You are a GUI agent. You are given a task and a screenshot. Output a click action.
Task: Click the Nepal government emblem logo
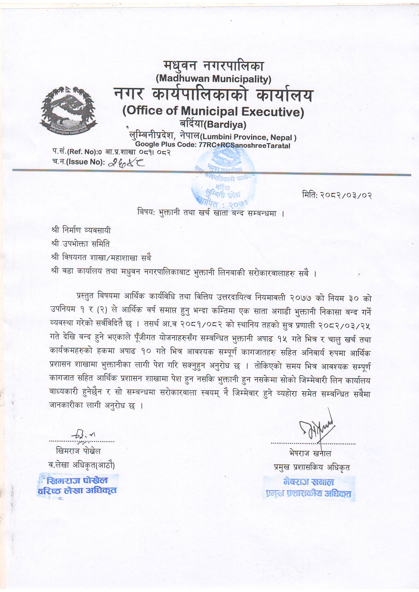coord(68,110)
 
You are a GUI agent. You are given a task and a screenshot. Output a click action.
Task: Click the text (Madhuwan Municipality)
coord(213,79)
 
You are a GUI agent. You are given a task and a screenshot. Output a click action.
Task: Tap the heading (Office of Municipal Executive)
coord(213,111)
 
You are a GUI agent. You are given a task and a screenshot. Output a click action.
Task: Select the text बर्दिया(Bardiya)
coord(213,125)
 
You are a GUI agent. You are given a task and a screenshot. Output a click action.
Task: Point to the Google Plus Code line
coord(212,145)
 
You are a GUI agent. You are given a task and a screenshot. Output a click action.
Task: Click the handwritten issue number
coord(126,163)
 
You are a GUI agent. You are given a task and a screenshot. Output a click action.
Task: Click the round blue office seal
coord(224,178)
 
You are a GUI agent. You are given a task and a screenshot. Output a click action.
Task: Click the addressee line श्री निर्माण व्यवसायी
coord(81,230)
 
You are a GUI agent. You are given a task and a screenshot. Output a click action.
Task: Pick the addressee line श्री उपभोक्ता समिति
coord(81,244)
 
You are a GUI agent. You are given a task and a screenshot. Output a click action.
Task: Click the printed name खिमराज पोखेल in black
coord(78,451)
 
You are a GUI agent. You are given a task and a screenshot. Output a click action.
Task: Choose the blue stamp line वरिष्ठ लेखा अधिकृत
coord(77,491)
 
